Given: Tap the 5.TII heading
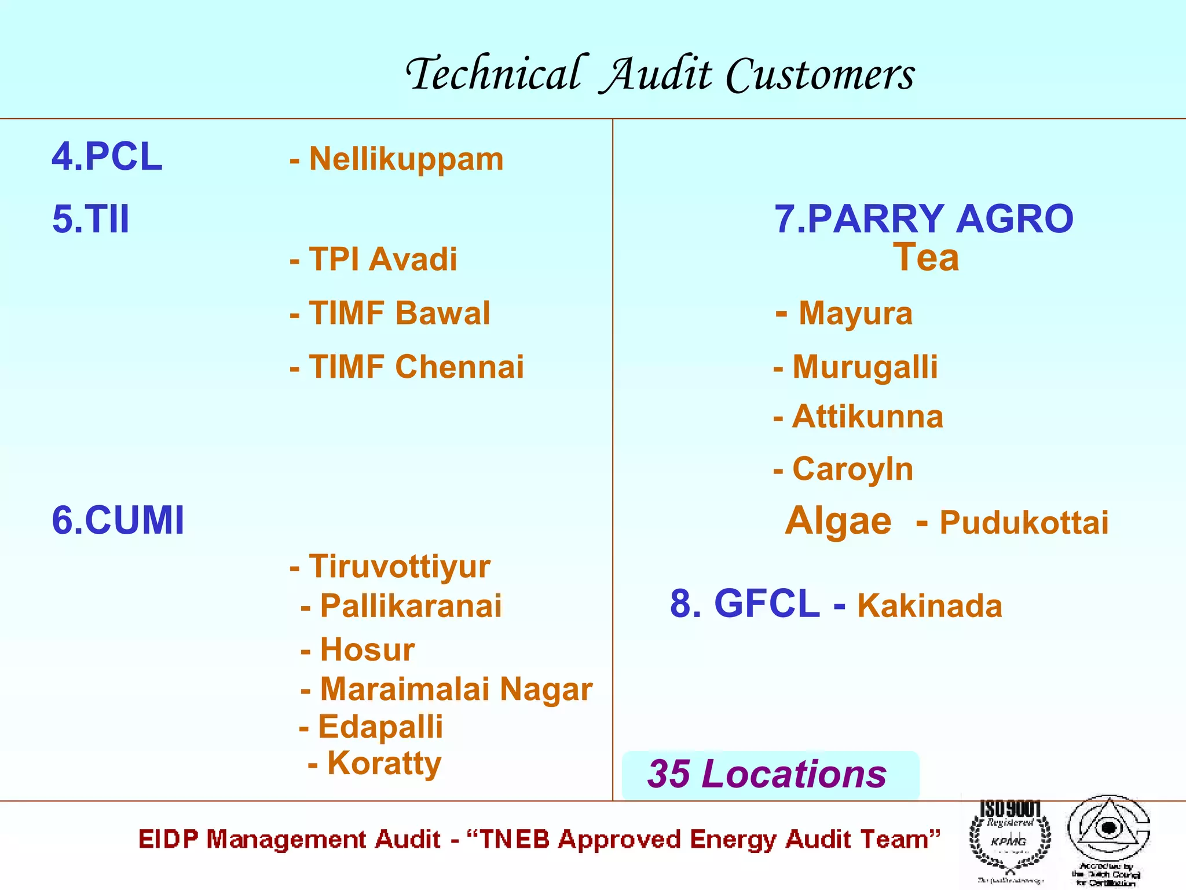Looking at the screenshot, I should [91, 219].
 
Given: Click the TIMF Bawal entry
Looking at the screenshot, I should [399, 313].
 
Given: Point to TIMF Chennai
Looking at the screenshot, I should [416, 367].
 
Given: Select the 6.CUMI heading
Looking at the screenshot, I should [118, 520].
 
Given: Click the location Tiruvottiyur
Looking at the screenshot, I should [399, 566].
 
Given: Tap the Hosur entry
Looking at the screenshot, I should [367, 650].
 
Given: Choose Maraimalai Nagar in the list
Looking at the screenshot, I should [456, 689].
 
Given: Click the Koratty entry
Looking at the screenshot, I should [384, 763].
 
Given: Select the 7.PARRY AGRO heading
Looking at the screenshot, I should [924, 219].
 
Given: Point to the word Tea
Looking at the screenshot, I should [925, 257].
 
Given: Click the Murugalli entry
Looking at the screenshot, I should [865, 367].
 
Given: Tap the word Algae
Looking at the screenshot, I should [838, 520].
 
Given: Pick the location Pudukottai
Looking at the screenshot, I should [1023, 523].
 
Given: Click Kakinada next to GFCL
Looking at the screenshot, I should [929, 606].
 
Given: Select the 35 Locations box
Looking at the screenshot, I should [770, 775].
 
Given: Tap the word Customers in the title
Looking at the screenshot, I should [820, 75].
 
